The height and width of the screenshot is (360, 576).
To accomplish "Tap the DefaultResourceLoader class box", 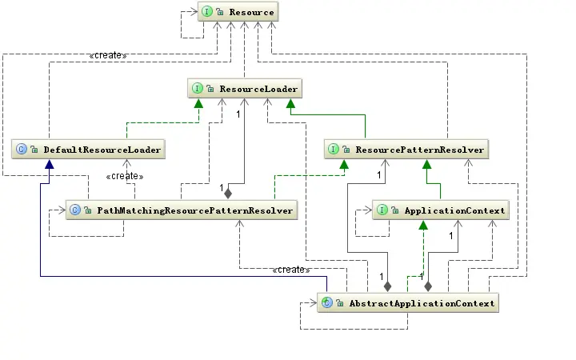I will [x=88, y=149].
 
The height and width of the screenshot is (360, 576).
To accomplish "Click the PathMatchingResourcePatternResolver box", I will [x=181, y=210].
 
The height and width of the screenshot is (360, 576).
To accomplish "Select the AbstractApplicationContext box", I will [x=408, y=302].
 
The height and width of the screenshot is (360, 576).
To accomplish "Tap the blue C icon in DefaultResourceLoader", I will [x=22, y=149].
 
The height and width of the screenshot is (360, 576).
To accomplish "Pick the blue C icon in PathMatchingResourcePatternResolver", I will [x=74, y=210].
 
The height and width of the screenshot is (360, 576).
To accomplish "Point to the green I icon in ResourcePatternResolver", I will [x=334, y=149].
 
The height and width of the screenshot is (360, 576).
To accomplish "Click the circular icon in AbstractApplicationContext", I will [x=327, y=302].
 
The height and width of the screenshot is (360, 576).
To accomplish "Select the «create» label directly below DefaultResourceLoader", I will [x=123, y=175].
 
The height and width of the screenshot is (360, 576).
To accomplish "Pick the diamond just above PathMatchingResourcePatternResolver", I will [x=227, y=193].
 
